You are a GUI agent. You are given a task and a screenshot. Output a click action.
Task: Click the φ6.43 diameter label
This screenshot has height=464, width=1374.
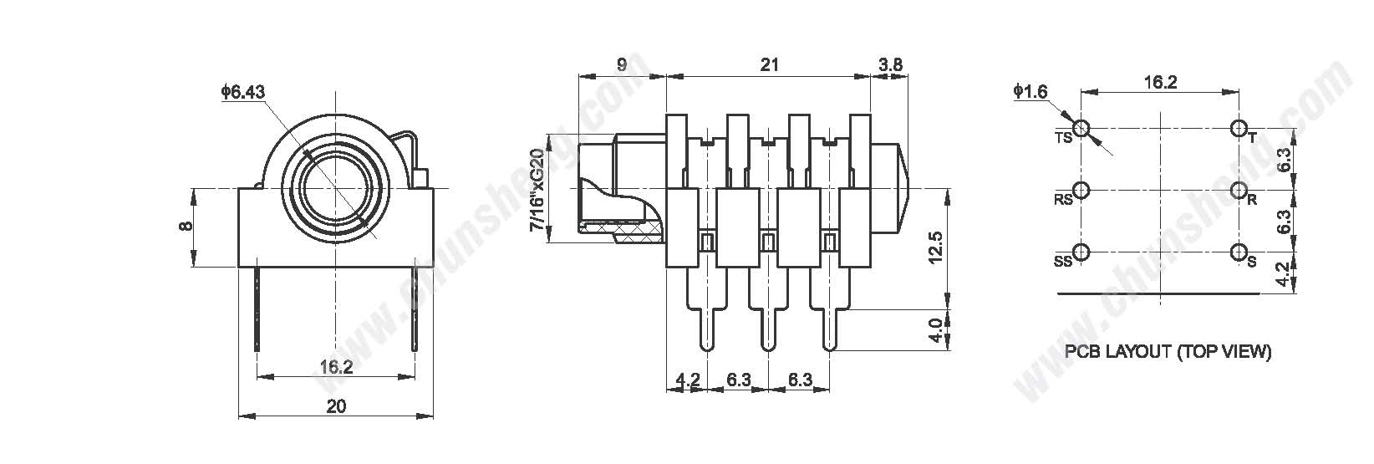tap(243, 92)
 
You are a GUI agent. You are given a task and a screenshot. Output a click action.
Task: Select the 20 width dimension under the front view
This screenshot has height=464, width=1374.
tap(336, 405)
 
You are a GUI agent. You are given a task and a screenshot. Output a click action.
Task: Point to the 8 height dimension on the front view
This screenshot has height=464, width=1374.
tap(186, 226)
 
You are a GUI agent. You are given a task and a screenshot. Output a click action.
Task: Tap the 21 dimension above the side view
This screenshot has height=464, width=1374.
tap(769, 64)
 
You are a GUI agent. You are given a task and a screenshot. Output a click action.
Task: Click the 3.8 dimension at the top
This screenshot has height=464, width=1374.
tap(890, 64)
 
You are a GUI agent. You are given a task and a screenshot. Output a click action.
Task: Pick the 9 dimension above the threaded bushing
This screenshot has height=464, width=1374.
tap(621, 64)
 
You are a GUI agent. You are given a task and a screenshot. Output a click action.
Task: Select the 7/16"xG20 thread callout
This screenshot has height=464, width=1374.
tap(537, 191)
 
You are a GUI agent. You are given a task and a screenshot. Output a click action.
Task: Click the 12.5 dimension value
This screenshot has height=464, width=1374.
tap(935, 247)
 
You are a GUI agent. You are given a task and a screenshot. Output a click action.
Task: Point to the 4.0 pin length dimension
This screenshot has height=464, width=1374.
tap(935, 330)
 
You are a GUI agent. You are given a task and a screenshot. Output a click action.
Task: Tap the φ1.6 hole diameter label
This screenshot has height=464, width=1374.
tap(1030, 92)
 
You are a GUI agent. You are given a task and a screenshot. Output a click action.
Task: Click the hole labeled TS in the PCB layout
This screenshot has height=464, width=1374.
tap(1082, 129)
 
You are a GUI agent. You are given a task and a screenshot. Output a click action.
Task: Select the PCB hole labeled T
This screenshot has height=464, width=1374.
tap(1239, 129)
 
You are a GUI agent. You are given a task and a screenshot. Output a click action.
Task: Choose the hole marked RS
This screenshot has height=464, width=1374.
tap(1082, 191)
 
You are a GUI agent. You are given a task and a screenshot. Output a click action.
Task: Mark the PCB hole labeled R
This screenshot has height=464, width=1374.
tap(1239, 191)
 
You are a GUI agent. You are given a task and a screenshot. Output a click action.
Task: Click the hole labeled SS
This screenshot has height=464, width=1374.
tap(1082, 252)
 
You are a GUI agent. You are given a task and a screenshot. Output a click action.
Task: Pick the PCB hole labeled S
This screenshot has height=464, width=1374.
tap(1239, 252)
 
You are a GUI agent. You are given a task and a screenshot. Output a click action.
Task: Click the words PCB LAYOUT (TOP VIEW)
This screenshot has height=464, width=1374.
tap(1168, 352)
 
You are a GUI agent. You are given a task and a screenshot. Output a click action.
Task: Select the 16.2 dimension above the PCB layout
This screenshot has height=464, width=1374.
tap(1161, 82)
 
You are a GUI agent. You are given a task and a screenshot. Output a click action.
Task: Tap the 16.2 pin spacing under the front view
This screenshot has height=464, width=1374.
tap(336, 367)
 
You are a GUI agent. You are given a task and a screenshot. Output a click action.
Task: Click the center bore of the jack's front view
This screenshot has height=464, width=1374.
tap(336, 188)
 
